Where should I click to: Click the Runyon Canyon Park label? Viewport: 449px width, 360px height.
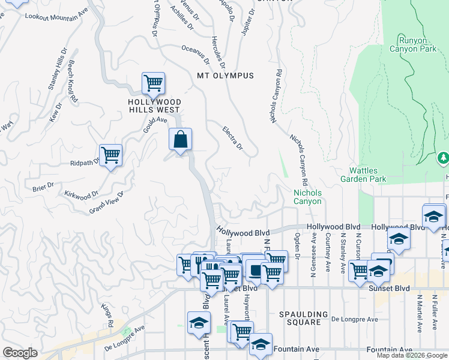coord(413,45)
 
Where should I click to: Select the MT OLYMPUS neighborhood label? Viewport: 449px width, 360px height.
coord(225,76)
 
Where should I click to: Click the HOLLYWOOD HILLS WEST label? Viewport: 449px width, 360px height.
coord(154,106)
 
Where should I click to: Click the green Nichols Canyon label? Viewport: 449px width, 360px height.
coord(307,197)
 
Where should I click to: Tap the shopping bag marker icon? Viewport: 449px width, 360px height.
coord(180,140)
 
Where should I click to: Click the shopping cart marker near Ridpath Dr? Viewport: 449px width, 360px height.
coord(110,155)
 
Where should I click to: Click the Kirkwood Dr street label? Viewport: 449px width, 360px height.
coord(80,194)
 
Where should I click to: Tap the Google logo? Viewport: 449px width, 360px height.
coord(20,353)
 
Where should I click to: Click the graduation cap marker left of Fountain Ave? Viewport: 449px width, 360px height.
coord(261,344)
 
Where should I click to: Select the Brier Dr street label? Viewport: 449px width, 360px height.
coord(44,188)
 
